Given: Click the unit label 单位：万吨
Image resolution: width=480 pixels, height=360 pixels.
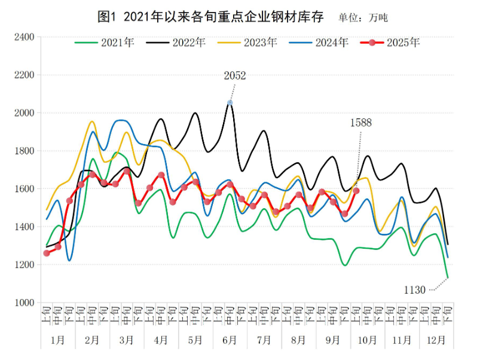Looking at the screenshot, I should tap(363, 18).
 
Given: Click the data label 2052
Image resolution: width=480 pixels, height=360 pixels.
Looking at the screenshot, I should tap(235, 75).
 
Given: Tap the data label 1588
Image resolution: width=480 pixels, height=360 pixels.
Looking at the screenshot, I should tap(360, 123).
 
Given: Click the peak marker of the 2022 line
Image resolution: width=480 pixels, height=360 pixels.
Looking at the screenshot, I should tap(230, 103).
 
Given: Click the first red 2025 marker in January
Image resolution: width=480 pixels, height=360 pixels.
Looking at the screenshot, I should tap(47, 253).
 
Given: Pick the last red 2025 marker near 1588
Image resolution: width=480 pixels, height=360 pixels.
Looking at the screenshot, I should tap(356, 191).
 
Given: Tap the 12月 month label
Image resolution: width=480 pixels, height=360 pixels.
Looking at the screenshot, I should tap(436, 340).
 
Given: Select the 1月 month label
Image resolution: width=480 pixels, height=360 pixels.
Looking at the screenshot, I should tap(58, 340).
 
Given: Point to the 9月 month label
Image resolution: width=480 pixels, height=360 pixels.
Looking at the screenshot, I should tap(333, 340).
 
